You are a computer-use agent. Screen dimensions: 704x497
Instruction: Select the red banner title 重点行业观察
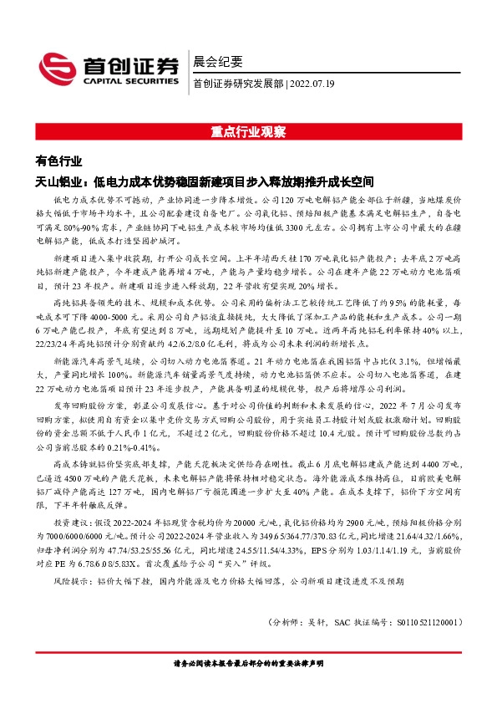248,133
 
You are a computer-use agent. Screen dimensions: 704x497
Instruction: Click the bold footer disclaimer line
248,662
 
